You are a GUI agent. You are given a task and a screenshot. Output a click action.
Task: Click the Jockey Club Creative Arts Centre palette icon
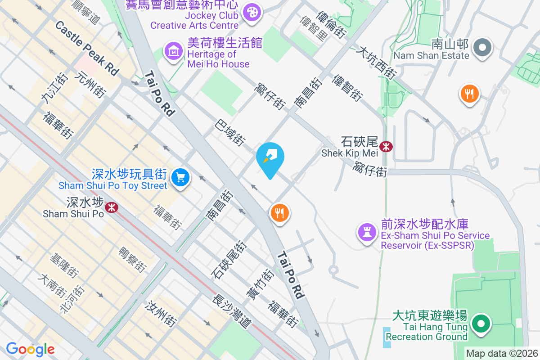click(x=251, y=12)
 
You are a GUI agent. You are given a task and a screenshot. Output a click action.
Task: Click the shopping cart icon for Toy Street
click(x=181, y=177)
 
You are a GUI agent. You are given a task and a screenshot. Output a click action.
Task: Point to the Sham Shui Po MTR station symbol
click(x=111, y=207)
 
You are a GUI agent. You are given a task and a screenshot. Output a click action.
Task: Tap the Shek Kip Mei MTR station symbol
click(x=386, y=146)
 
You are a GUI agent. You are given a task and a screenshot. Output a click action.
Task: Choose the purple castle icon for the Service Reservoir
click(x=367, y=232)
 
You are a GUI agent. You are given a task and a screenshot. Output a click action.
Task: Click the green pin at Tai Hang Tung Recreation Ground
click(x=481, y=323)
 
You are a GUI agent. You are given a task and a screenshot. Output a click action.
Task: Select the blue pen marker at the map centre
click(x=270, y=157)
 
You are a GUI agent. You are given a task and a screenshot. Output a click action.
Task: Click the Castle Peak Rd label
click(x=87, y=48)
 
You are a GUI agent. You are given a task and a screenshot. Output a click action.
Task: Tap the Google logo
click(x=30, y=349)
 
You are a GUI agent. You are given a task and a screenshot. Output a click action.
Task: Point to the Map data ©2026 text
click(x=502, y=353)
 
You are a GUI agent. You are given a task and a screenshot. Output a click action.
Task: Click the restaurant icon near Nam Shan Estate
click(x=469, y=94)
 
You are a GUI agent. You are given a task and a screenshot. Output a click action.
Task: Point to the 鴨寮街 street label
click(x=132, y=259)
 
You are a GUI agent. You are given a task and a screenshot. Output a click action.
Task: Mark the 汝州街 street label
click(x=160, y=314)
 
